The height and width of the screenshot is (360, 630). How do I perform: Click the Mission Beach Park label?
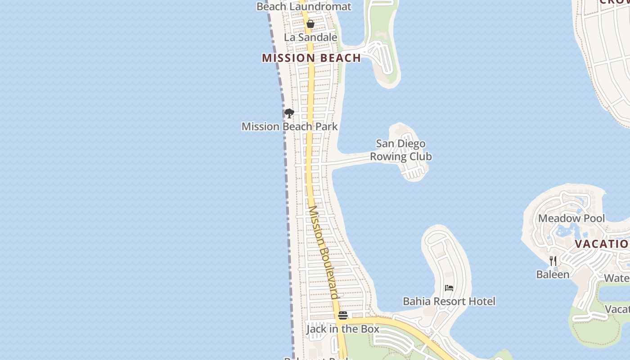click(289, 126)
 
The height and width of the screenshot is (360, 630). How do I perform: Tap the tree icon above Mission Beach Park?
click(289, 113)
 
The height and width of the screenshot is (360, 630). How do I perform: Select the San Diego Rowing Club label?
click(400, 150)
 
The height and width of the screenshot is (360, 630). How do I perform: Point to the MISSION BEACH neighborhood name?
click(311, 58)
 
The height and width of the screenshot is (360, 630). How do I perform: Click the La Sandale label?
click(310, 37)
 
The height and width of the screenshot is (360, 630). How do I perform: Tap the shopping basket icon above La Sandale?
click(310, 24)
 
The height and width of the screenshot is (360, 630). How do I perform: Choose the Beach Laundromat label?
click(304, 6)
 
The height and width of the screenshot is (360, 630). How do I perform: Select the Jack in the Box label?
click(343, 329)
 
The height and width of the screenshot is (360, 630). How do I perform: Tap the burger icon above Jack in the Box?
click(343, 315)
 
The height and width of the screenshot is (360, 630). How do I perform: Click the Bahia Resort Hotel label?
click(449, 301)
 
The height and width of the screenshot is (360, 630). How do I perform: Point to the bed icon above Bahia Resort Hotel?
click(449, 288)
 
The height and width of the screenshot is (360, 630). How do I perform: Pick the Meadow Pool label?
click(571, 219)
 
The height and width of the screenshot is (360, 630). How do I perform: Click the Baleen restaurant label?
click(553, 274)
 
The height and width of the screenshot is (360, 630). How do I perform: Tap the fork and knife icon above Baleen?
click(553, 261)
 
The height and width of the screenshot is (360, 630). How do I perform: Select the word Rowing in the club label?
click(387, 157)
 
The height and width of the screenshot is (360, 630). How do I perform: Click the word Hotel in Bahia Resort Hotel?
click(481, 301)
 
